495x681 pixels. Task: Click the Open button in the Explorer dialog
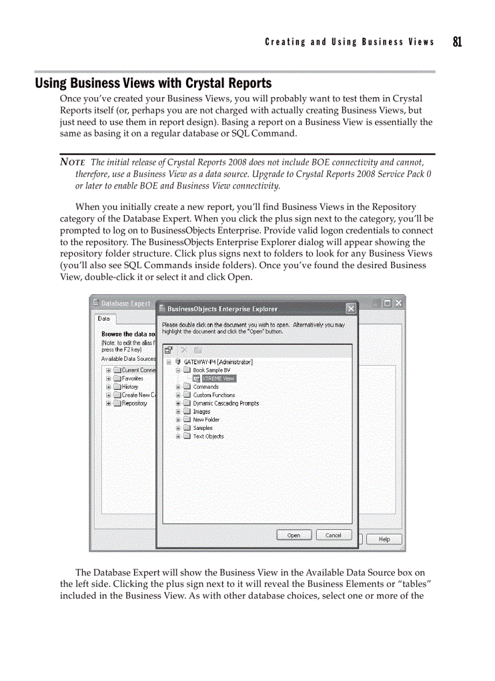pos(294,535)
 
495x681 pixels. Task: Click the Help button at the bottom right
pos(384,539)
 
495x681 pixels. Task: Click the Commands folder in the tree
pos(206,387)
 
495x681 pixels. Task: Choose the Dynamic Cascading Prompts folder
pos(225,403)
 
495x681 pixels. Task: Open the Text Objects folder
pos(208,436)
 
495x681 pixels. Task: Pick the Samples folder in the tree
pos(203,428)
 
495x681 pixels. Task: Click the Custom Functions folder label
pos(214,395)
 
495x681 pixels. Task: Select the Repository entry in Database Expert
pos(134,403)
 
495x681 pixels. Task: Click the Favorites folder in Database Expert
pos(132,378)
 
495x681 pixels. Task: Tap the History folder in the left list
pos(130,387)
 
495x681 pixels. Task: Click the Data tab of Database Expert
pos(104,318)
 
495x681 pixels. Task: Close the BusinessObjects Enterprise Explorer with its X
pos(351,309)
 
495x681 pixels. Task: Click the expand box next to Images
pos(178,412)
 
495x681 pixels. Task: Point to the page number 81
pos(457,42)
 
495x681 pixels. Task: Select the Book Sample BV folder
pos(211,370)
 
